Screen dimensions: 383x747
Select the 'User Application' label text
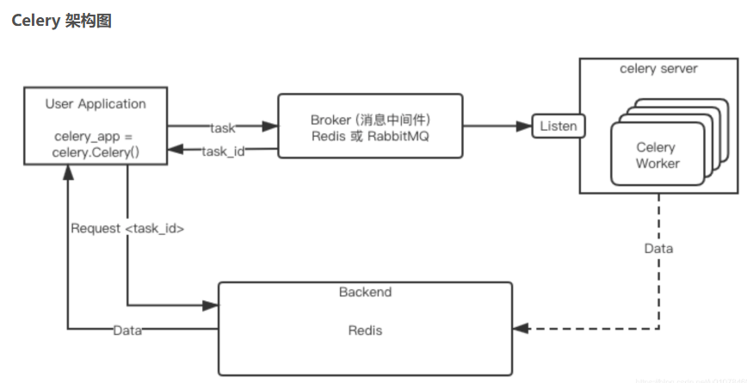[x=96, y=104]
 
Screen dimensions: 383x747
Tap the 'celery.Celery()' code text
[x=96, y=152]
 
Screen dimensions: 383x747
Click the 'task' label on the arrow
[x=223, y=127]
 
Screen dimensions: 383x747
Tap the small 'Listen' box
[x=558, y=126]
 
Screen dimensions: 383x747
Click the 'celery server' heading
[x=658, y=69]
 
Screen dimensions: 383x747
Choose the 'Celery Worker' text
[x=657, y=155]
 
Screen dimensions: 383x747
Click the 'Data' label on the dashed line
[x=659, y=248]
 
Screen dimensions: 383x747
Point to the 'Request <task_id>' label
[x=127, y=229]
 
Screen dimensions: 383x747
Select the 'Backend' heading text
[x=365, y=292]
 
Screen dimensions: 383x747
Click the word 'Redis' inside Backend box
[x=365, y=330]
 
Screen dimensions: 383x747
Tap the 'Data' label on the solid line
[x=127, y=330]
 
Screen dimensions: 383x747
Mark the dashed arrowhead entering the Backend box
[x=519, y=329]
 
